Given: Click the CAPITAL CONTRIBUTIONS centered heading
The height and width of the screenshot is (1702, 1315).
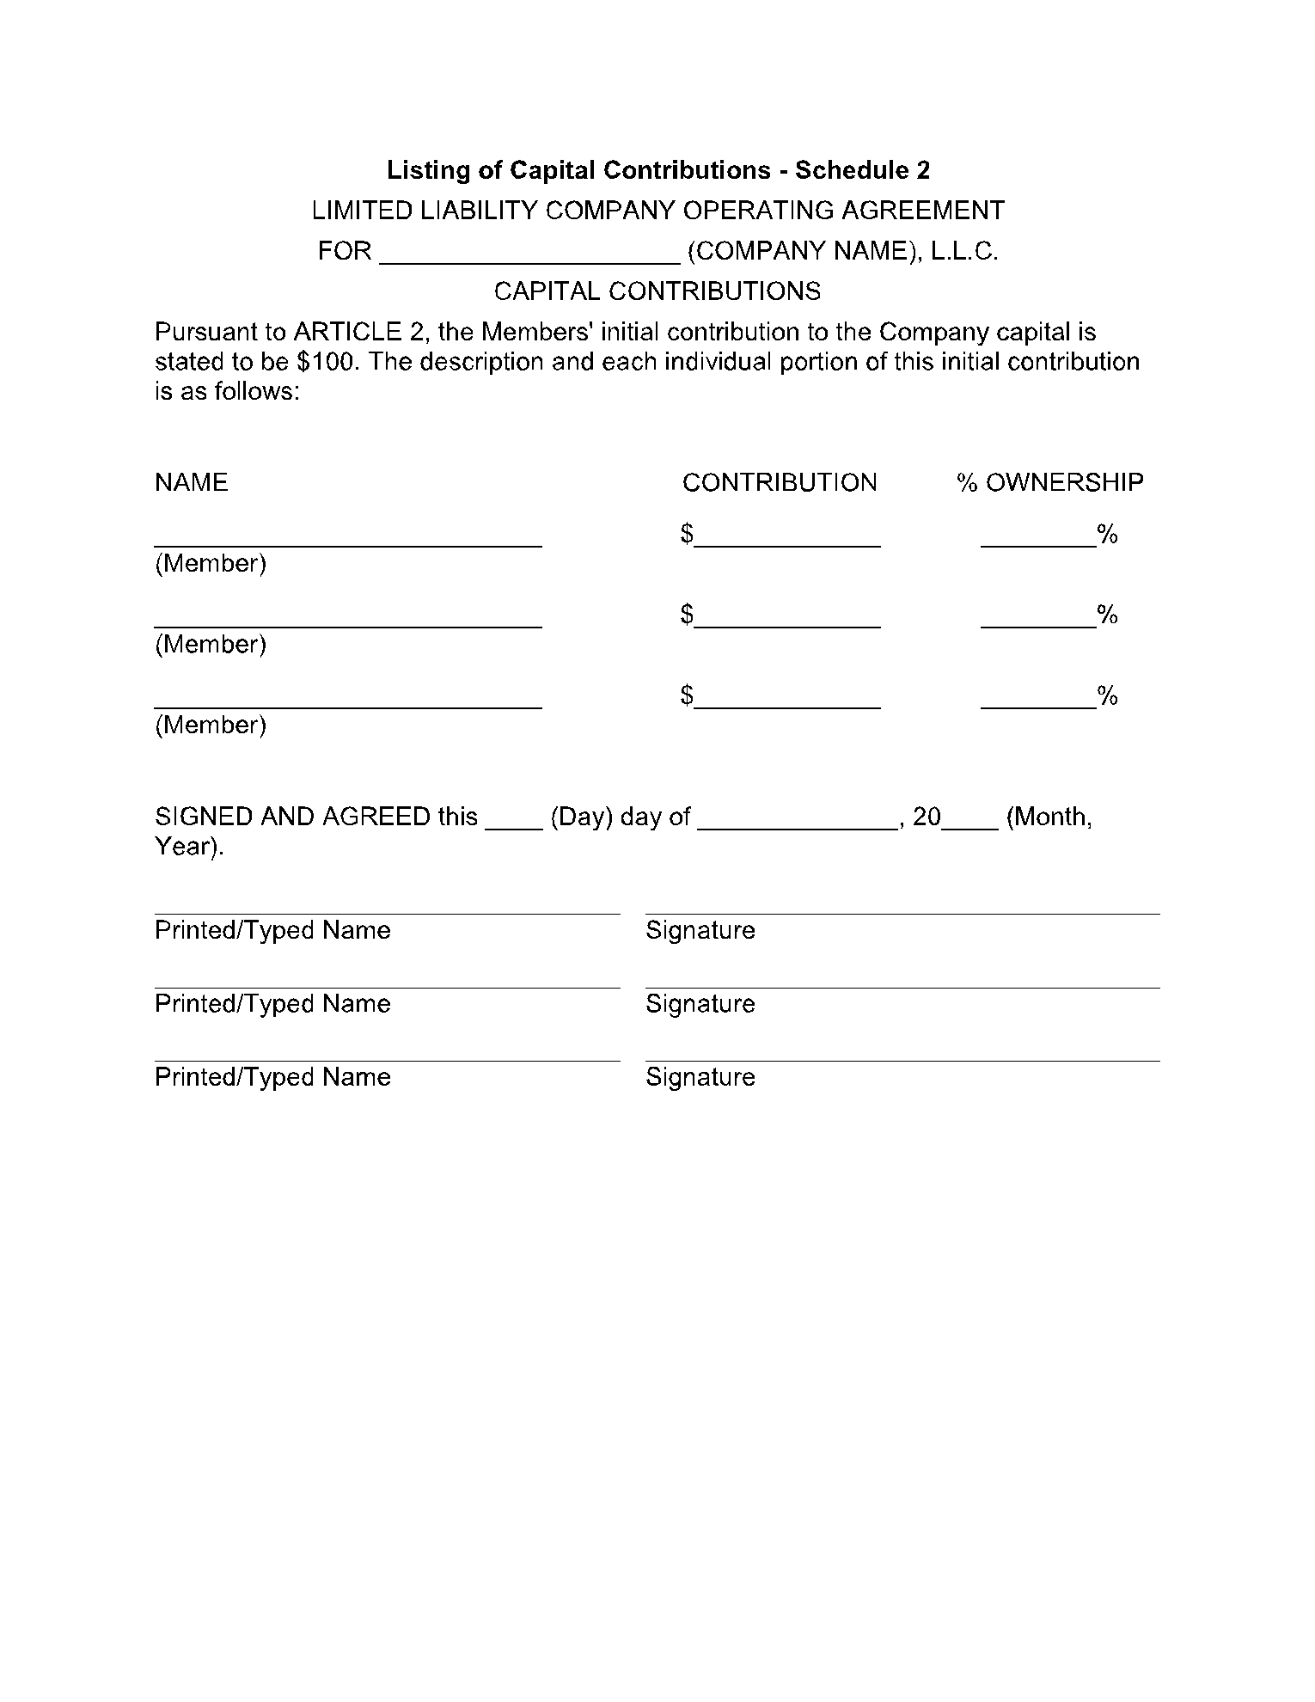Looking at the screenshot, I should click(657, 291).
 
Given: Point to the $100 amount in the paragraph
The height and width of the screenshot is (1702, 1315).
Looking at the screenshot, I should click(326, 361).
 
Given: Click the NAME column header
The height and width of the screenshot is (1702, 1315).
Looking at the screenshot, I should click(191, 482).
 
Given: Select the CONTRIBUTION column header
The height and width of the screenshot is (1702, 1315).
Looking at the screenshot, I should click(780, 482).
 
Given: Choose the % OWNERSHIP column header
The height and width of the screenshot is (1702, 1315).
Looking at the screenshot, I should click(1049, 482).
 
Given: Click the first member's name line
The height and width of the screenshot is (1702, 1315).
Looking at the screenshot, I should click(348, 539).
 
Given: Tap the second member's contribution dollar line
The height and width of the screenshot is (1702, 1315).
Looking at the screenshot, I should click(788, 620).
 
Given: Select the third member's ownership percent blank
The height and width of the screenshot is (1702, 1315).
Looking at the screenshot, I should click(1038, 701).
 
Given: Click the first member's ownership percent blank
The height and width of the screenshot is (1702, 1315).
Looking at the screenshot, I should click(1038, 539).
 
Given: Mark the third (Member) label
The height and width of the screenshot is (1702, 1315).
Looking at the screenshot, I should click(211, 725).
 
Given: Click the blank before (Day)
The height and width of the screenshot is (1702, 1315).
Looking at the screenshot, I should click(514, 822).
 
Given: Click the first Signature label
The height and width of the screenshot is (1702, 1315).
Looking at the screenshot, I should click(700, 930).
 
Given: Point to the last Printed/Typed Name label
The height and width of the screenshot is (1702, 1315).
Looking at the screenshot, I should click(272, 1077).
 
